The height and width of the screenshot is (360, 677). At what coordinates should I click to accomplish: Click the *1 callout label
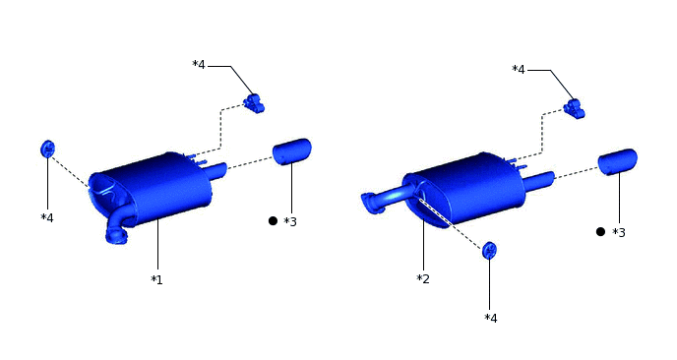point(156,280)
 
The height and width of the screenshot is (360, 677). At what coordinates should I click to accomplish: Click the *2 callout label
point(423,278)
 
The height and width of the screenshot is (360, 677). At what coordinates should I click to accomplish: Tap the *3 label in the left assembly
point(290,221)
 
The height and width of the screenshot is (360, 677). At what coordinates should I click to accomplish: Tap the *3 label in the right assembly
point(619,233)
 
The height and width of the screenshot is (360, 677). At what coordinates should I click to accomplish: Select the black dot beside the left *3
point(273,221)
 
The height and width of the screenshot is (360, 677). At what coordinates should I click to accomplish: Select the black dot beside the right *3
point(600,232)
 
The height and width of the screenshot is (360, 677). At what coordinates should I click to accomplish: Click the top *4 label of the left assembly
point(199,65)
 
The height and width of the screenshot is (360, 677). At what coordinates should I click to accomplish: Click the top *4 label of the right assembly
point(519,69)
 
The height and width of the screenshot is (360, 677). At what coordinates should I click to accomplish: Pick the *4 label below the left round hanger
point(47,218)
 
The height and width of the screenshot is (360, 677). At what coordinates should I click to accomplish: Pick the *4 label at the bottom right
point(491,319)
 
